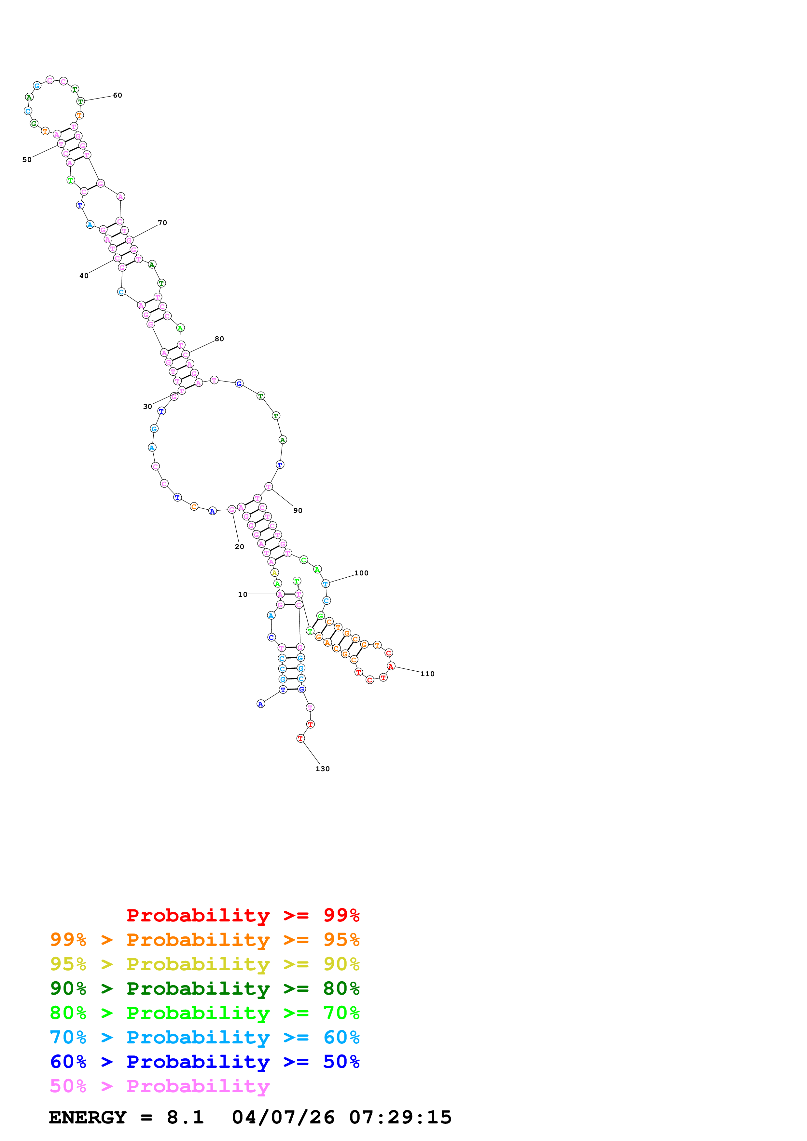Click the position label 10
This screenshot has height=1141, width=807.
tap(242, 594)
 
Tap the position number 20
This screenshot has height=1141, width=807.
tap(239, 547)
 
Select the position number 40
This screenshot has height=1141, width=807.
tap(84, 276)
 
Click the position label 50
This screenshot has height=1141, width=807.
tap(27, 159)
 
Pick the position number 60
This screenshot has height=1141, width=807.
tap(117, 95)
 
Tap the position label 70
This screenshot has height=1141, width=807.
tap(162, 222)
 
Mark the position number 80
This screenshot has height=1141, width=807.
tap(219, 339)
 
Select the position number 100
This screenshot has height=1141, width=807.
tap(361, 573)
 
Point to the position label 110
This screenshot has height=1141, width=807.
tap(427, 674)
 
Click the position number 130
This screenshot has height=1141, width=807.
tap(322, 769)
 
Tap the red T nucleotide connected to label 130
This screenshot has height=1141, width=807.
tap(300, 738)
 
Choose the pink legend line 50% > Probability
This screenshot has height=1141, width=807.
tap(160, 1086)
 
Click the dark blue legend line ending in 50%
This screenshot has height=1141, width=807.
tap(204, 1062)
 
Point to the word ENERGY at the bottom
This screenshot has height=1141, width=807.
tap(88, 1118)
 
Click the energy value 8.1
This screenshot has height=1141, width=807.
tap(185, 1118)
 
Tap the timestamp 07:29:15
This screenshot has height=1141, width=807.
tap(400, 1118)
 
